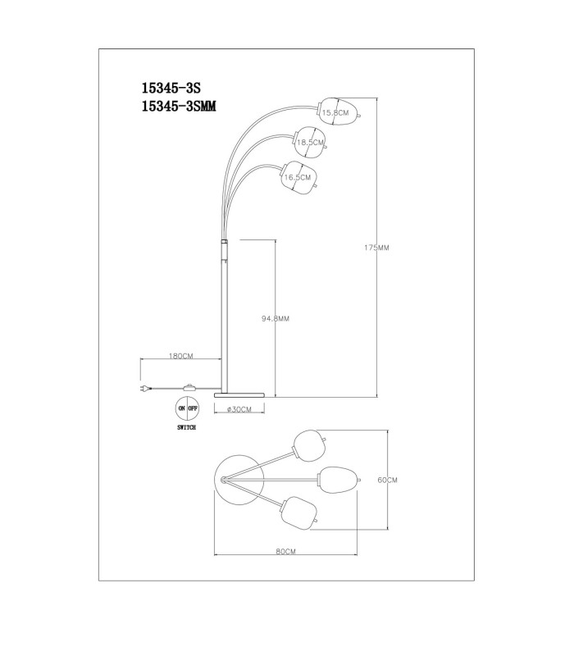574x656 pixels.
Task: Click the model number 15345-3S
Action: [171, 88]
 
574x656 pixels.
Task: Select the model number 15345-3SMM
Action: [179, 107]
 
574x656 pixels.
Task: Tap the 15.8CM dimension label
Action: [335, 112]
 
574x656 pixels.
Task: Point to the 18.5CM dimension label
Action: [310, 142]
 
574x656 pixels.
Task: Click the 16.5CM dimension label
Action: [298, 177]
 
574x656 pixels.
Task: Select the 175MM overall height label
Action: [376, 248]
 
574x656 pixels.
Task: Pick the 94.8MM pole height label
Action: [276, 319]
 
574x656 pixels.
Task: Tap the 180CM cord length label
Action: [180, 356]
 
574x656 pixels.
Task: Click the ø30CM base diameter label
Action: [239, 409]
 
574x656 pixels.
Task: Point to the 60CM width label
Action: [387, 481]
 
